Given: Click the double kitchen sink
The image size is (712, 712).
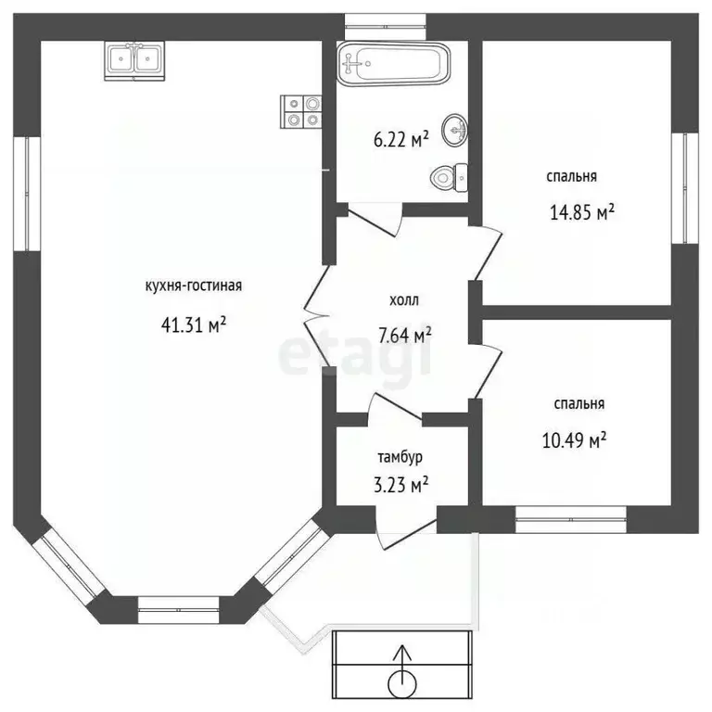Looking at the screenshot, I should [x=135, y=59].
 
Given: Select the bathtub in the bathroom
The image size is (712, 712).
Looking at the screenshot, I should [x=394, y=63].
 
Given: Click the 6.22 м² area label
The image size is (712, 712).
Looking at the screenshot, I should [x=400, y=140].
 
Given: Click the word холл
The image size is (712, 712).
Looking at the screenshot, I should [x=403, y=300].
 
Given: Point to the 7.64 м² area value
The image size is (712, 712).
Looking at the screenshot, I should [x=403, y=335].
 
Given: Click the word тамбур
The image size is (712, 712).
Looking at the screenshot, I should [x=400, y=456].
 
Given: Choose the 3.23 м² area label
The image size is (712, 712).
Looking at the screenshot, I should [x=400, y=484].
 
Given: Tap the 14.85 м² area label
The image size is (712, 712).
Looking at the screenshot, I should [x=583, y=212].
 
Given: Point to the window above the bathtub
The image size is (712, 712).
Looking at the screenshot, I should [x=385, y=19].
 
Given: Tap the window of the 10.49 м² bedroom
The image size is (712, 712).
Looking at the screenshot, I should [x=570, y=524].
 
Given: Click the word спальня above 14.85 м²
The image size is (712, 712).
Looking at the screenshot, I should [x=571, y=175].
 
